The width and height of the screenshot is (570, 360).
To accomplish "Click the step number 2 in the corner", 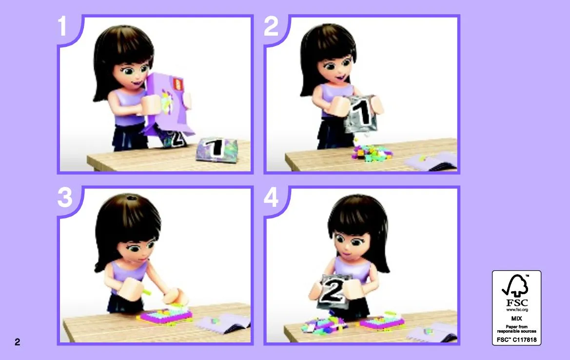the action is tap(271, 26).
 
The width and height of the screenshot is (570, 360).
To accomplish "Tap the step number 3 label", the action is tap(65, 198).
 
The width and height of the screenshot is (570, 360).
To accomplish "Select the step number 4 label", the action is tap(271, 198).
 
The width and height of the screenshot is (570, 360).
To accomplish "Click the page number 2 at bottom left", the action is tap(18, 342).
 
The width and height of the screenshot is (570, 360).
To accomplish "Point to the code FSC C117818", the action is tap(516, 340).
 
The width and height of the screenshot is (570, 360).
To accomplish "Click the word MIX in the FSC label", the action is tap(516, 318).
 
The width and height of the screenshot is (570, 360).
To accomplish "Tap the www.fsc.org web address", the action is tap(517, 310).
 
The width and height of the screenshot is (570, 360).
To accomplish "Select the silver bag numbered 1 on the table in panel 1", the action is tap(216, 148).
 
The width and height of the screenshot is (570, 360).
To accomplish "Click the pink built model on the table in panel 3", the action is tap(165, 314).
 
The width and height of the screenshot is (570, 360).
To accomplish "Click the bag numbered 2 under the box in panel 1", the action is tap(175, 139).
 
